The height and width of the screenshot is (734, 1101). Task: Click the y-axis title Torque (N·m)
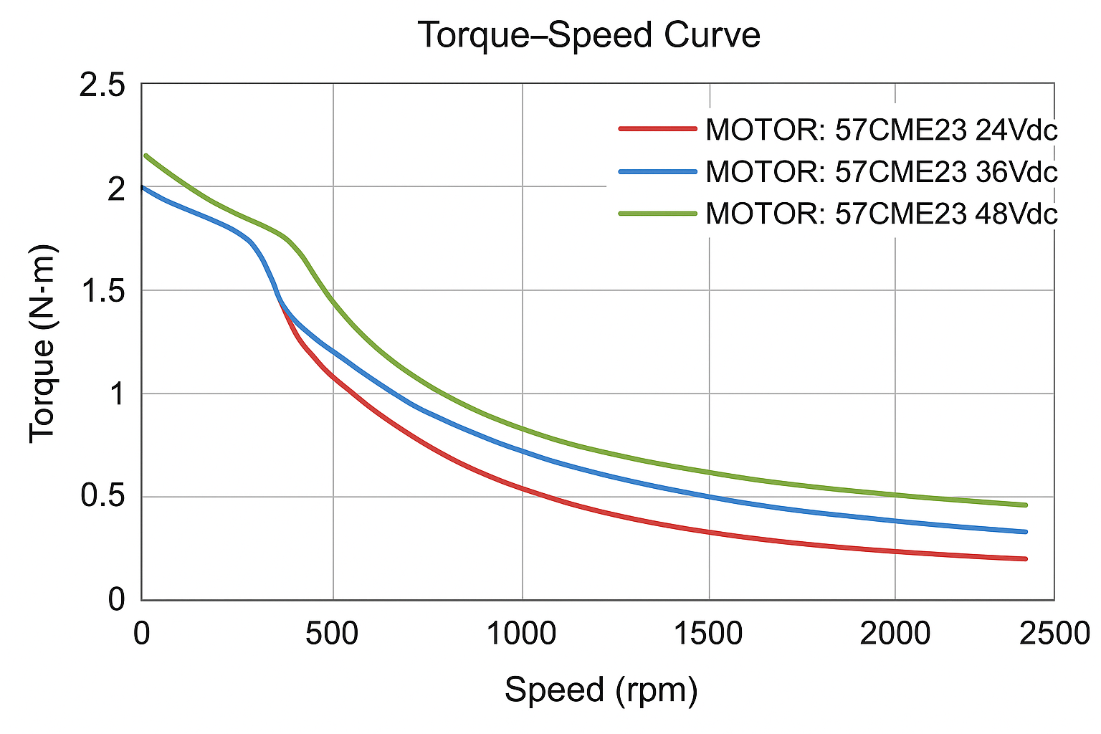pos(43,343)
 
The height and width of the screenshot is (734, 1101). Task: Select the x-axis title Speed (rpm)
pos(601,690)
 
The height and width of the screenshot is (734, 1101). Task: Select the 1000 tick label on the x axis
pos(522,634)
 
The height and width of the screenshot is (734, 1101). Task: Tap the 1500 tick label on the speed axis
pos(709,634)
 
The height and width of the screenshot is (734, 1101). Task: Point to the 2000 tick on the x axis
pos(896,634)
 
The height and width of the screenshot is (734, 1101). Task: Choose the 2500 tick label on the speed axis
pos(1054,634)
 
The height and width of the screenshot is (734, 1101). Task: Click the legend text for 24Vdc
pos(882,130)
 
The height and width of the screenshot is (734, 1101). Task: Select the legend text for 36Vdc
pos(882,172)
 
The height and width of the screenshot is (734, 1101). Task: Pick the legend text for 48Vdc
pos(882,214)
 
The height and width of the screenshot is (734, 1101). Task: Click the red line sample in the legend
pos(657,129)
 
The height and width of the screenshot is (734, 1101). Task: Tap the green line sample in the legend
pos(657,213)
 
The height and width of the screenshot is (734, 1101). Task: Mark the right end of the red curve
pos(1026,559)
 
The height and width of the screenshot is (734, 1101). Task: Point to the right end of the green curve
pos(1026,505)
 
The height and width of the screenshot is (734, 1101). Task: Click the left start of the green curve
pos(146,155)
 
